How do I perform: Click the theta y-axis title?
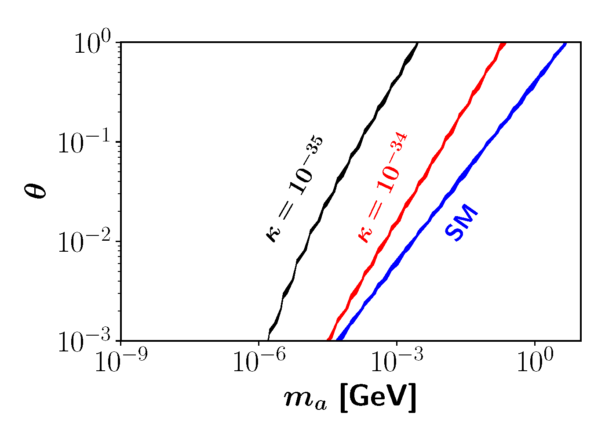34,191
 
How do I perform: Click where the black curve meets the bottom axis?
268,340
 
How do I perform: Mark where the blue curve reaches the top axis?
565,43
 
